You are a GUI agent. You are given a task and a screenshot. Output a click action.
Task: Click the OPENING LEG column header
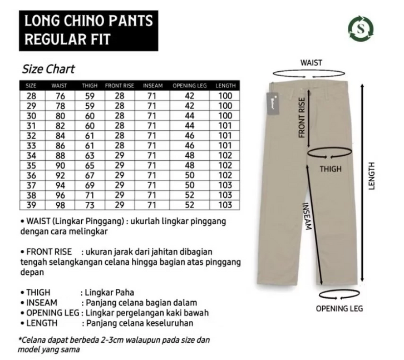[x=190, y=86]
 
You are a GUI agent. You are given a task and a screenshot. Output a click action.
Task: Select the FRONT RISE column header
[x=119, y=86]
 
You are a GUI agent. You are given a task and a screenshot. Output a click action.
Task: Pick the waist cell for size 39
[x=59, y=205]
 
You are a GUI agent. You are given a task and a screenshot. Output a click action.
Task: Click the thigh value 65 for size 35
[x=89, y=165]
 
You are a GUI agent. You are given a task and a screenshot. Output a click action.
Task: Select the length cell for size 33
[x=225, y=145]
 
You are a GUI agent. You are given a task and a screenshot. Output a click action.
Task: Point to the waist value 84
[x=59, y=135]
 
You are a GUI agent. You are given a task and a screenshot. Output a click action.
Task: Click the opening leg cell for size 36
[x=190, y=175]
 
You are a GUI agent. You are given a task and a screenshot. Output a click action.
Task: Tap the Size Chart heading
[x=48, y=70]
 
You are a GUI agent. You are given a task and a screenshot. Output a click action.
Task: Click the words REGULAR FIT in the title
[x=67, y=40]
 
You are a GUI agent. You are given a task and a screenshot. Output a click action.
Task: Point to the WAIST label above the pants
[x=311, y=63]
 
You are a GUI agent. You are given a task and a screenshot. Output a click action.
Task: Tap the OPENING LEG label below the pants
[x=339, y=308]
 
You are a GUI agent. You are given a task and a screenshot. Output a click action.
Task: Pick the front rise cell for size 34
[x=119, y=155]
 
